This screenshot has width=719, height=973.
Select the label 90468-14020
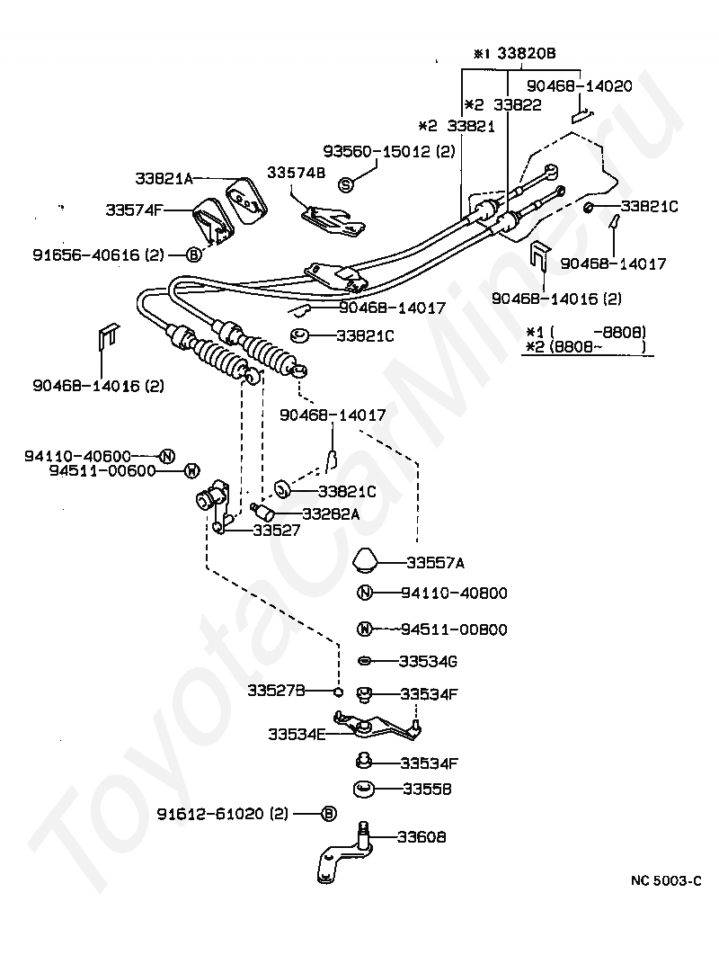[580, 85]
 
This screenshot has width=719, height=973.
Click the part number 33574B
[296, 172]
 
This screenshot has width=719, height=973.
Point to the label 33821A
[164, 179]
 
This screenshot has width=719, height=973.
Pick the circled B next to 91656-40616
[193, 254]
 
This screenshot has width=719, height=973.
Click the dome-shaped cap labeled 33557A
[368, 558]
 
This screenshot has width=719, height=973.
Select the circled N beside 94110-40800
[365, 594]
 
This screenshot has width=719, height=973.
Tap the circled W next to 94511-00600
[192, 471]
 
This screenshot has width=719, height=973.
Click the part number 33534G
[428, 662]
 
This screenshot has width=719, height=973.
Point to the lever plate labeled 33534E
[377, 727]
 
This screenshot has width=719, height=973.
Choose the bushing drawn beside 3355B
[363, 790]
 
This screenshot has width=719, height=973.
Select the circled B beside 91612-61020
[329, 814]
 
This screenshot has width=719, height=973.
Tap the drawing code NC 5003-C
[666, 880]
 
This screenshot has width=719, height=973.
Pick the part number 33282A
[331, 513]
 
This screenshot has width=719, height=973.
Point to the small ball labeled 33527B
[338, 692]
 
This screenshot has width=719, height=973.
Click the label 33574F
[134, 210]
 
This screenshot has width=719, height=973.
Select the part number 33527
[276, 530]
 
